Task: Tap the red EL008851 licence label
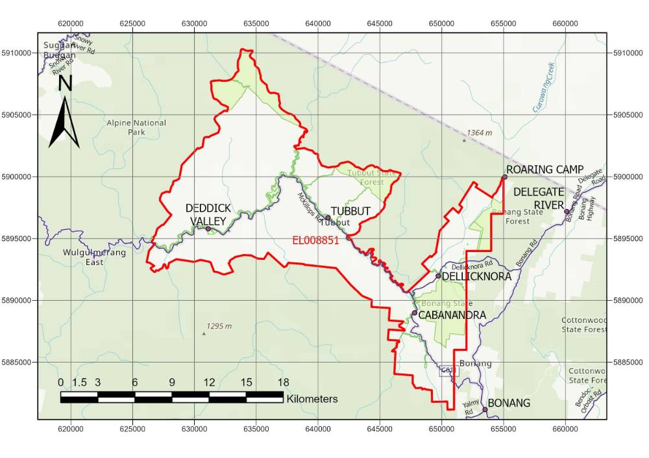click(x=316, y=240)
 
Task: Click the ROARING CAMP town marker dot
click(x=504, y=177)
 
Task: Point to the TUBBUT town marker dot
click(x=328, y=218)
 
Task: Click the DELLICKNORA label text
click(x=477, y=277)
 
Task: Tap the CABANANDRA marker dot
click(x=415, y=313)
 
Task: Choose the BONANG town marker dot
click(x=485, y=409)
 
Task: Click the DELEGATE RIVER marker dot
click(x=567, y=212)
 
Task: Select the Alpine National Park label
click(x=137, y=127)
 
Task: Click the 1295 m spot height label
click(x=219, y=326)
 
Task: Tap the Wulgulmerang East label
click(x=94, y=257)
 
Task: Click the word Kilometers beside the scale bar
click(x=312, y=399)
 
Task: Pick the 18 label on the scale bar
click(x=283, y=382)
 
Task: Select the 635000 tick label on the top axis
click(x=256, y=23)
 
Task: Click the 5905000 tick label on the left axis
click(x=19, y=115)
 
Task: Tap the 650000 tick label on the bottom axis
click(x=441, y=429)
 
